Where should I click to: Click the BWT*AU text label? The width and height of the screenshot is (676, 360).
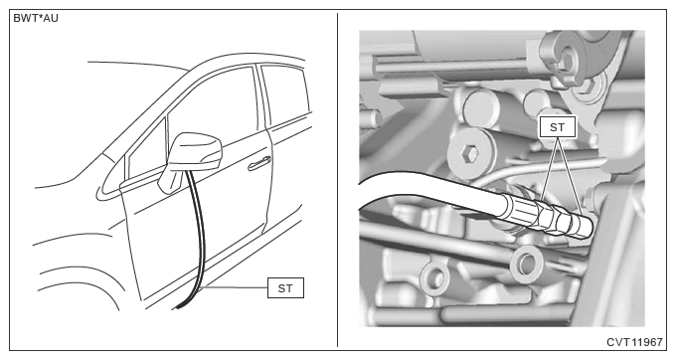click(x=36, y=19)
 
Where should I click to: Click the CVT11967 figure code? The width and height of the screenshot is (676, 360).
click(x=634, y=342)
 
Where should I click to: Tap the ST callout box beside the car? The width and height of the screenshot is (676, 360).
click(x=285, y=288)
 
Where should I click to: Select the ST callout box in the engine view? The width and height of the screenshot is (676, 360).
click(x=557, y=127)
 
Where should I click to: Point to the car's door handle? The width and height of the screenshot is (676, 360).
click(x=259, y=163)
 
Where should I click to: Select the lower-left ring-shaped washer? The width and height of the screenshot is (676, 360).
click(x=434, y=276)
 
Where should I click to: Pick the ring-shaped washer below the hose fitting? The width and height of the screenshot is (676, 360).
click(x=526, y=263)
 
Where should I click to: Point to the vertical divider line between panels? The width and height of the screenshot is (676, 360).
click(x=337, y=180)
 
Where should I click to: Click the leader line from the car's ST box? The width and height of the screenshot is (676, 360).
click(x=237, y=287)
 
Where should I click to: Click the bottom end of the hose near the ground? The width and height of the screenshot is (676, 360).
click(x=178, y=308)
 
